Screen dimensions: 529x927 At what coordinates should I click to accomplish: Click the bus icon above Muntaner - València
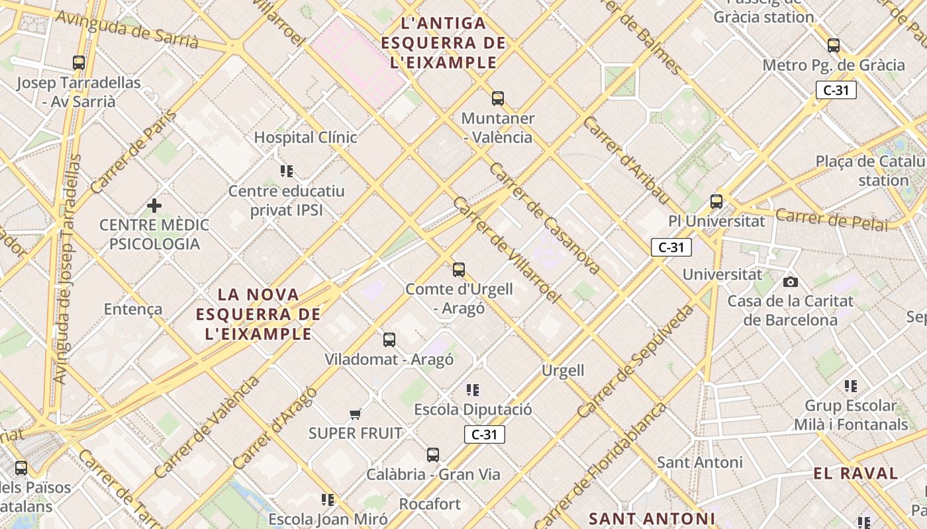(x=498, y=99)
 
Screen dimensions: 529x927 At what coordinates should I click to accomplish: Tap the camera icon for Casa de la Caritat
(x=790, y=282)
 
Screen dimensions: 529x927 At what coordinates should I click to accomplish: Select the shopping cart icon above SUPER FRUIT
(x=356, y=415)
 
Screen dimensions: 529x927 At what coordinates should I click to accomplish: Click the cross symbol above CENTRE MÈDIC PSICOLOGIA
(x=154, y=206)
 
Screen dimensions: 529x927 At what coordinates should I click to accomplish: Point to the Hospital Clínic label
(x=306, y=138)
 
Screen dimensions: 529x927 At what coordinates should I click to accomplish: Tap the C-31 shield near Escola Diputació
(x=485, y=434)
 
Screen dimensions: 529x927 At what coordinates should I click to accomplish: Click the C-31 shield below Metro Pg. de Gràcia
(x=836, y=90)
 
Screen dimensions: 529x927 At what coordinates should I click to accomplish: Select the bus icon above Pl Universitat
(x=716, y=201)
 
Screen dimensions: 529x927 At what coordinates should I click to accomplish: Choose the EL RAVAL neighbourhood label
(x=855, y=473)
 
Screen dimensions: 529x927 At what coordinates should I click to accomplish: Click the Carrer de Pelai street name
(x=831, y=220)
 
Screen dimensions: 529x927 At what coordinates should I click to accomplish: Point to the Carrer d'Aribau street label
(x=626, y=161)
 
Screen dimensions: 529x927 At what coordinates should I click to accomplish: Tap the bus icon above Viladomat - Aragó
(x=389, y=340)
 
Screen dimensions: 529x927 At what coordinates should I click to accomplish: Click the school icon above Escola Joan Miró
(x=328, y=499)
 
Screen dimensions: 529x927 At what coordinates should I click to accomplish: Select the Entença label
(x=133, y=309)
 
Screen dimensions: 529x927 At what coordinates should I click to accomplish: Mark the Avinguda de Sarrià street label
(x=127, y=30)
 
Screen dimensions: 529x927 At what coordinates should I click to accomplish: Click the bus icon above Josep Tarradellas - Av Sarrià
(x=79, y=63)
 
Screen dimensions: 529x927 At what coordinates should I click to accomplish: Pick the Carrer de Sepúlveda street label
(x=636, y=360)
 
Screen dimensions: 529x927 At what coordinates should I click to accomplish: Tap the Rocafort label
(x=430, y=504)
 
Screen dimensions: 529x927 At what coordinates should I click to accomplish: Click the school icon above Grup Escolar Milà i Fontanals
(x=851, y=386)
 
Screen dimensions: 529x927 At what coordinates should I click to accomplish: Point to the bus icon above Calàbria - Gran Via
(x=433, y=455)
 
